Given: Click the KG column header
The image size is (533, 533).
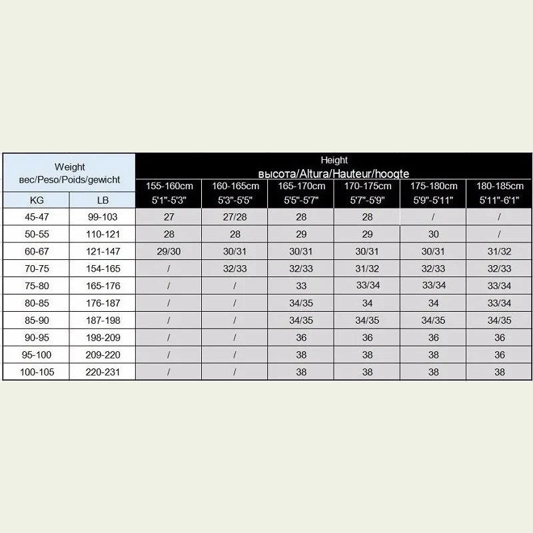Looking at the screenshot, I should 36,200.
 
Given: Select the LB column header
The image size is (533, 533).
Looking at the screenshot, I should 103,200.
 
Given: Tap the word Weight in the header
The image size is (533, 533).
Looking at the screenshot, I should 69,167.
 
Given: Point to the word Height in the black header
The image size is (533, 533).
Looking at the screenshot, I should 334,161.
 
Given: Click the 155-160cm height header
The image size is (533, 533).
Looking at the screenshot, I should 169,187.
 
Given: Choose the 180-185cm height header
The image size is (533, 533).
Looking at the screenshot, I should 500,187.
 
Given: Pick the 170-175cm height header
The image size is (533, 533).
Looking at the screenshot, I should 367,187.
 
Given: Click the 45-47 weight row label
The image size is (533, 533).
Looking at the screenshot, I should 36,217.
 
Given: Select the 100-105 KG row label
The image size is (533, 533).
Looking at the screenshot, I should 36,372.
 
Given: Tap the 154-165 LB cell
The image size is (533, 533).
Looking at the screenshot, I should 103,268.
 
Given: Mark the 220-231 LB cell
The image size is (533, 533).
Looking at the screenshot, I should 103,372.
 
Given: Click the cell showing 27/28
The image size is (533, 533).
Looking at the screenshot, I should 235,217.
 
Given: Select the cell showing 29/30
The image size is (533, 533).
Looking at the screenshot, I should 169,251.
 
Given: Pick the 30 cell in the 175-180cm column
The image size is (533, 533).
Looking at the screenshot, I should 433,234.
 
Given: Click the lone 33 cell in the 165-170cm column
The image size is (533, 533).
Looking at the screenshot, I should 301,286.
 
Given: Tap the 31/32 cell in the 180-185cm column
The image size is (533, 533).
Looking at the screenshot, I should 500,251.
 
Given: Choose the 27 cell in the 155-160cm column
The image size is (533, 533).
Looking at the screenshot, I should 169,217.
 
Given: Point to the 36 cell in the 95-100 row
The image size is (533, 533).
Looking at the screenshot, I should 500,355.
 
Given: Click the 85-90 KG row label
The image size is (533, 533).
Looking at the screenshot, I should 36,320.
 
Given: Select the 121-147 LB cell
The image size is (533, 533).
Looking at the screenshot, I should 103,251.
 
